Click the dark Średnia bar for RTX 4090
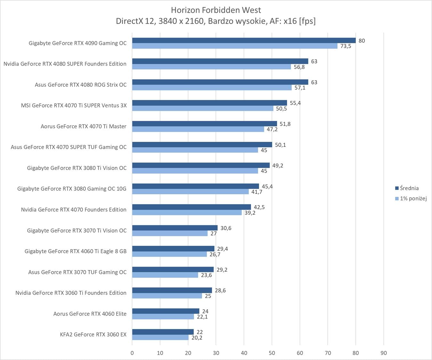pyautogui.click(x=243, y=40)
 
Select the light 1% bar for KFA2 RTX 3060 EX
pyautogui.click(x=160, y=338)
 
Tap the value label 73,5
pyautogui.click(x=346, y=46)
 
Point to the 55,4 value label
pyautogui.click(x=295, y=103)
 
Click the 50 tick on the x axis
pyautogui.click(x=272, y=353)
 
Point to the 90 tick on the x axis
pyautogui.click(x=383, y=353)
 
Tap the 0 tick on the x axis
pyautogui.click(x=132, y=353)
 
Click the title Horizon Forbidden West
pyautogui.click(x=216, y=10)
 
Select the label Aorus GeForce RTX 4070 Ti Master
pyautogui.click(x=83, y=126)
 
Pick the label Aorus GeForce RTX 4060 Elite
pyautogui.click(x=90, y=314)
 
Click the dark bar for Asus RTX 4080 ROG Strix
pyautogui.click(x=220, y=82)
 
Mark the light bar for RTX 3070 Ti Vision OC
pyautogui.click(x=170, y=234)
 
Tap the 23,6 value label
pyautogui.click(x=206, y=275)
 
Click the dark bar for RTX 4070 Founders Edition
pyautogui.click(x=191, y=207)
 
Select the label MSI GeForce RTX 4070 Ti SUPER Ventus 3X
pyautogui.click(x=74, y=105)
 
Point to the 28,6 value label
pyautogui.click(x=220, y=291)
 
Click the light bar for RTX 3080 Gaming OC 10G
pyautogui.click(x=190, y=192)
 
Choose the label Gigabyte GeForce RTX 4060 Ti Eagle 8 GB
pyautogui.click(x=76, y=251)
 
